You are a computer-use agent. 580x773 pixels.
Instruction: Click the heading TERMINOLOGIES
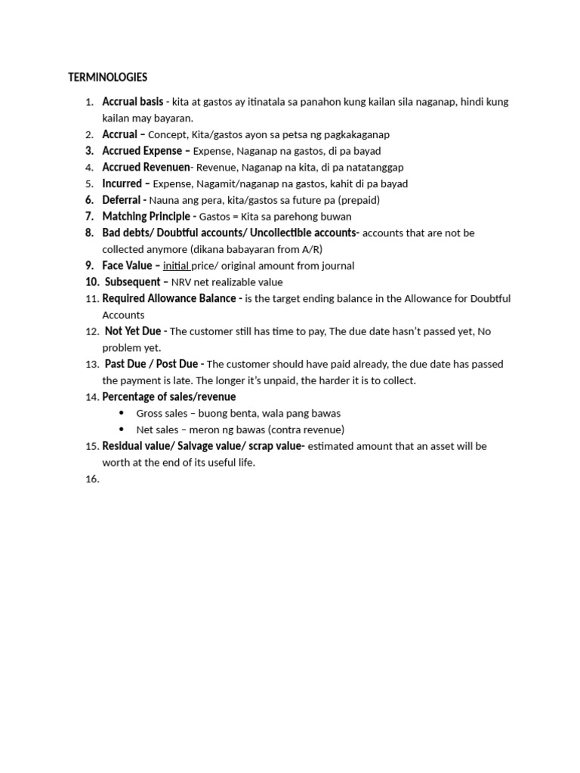click(108, 77)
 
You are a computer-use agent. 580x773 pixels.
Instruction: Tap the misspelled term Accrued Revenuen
click(147, 167)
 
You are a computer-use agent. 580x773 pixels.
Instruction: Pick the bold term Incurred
click(122, 183)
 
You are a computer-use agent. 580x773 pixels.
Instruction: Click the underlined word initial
click(176, 266)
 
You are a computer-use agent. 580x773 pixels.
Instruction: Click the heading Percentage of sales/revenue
click(169, 397)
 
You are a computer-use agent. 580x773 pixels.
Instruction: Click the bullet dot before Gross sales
click(122, 413)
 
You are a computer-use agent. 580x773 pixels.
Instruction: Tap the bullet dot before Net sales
click(122, 430)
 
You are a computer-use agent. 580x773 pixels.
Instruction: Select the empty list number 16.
click(91, 479)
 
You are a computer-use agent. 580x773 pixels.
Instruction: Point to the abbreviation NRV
click(182, 282)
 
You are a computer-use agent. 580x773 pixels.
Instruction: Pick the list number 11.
click(91, 299)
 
